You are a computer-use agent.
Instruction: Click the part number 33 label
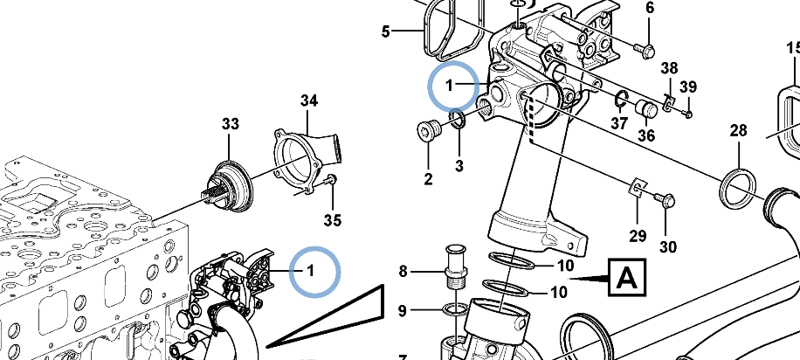(230, 125)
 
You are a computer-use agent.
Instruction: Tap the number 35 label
(334, 218)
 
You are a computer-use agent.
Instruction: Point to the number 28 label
(739, 131)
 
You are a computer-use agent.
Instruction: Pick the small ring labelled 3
(458, 119)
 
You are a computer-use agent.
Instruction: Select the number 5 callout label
(385, 33)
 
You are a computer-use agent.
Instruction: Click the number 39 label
(688, 87)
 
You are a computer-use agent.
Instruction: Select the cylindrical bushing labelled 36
(646, 108)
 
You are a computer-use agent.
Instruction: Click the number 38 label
(669, 69)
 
